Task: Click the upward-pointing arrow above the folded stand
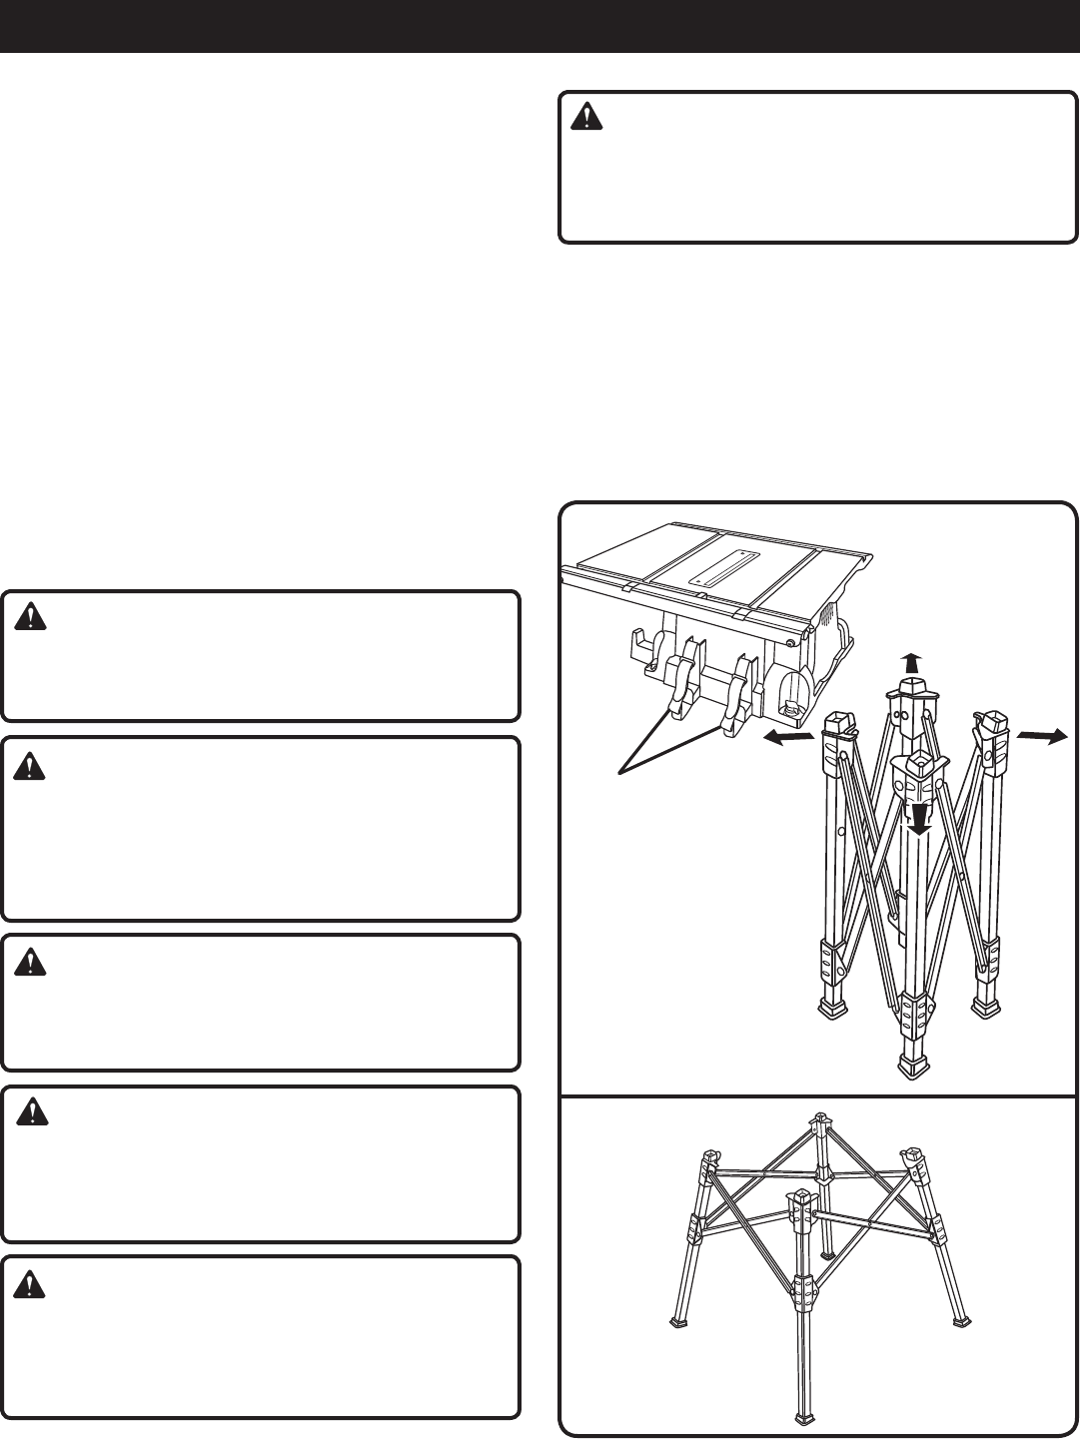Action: click(909, 661)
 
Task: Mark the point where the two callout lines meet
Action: click(621, 772)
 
